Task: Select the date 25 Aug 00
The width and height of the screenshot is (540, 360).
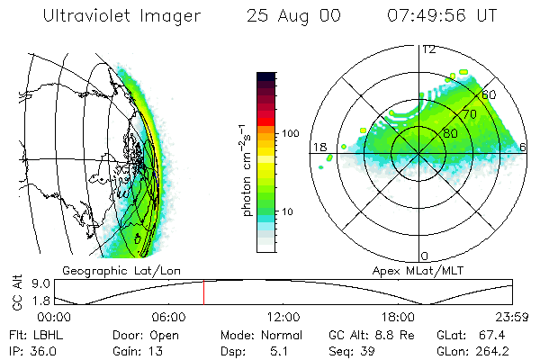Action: [x=286, y=16]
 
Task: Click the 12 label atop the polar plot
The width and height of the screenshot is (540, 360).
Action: [x=428, y=49]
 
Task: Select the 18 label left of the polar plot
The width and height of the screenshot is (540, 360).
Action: [x=318, y=147]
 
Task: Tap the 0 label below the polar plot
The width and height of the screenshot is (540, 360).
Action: [x=425, y=256]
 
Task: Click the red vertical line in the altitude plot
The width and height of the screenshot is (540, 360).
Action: [x=203, y=292]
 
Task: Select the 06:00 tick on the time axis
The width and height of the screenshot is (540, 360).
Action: [x=168, y=318]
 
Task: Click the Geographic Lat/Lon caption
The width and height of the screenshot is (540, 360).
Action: [x=107, y=270]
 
